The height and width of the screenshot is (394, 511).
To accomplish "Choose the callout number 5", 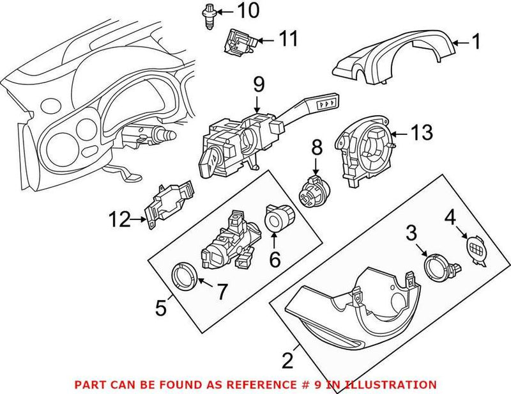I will (x=162, y=308).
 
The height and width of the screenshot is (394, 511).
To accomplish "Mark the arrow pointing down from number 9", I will (x=258, y=103).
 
